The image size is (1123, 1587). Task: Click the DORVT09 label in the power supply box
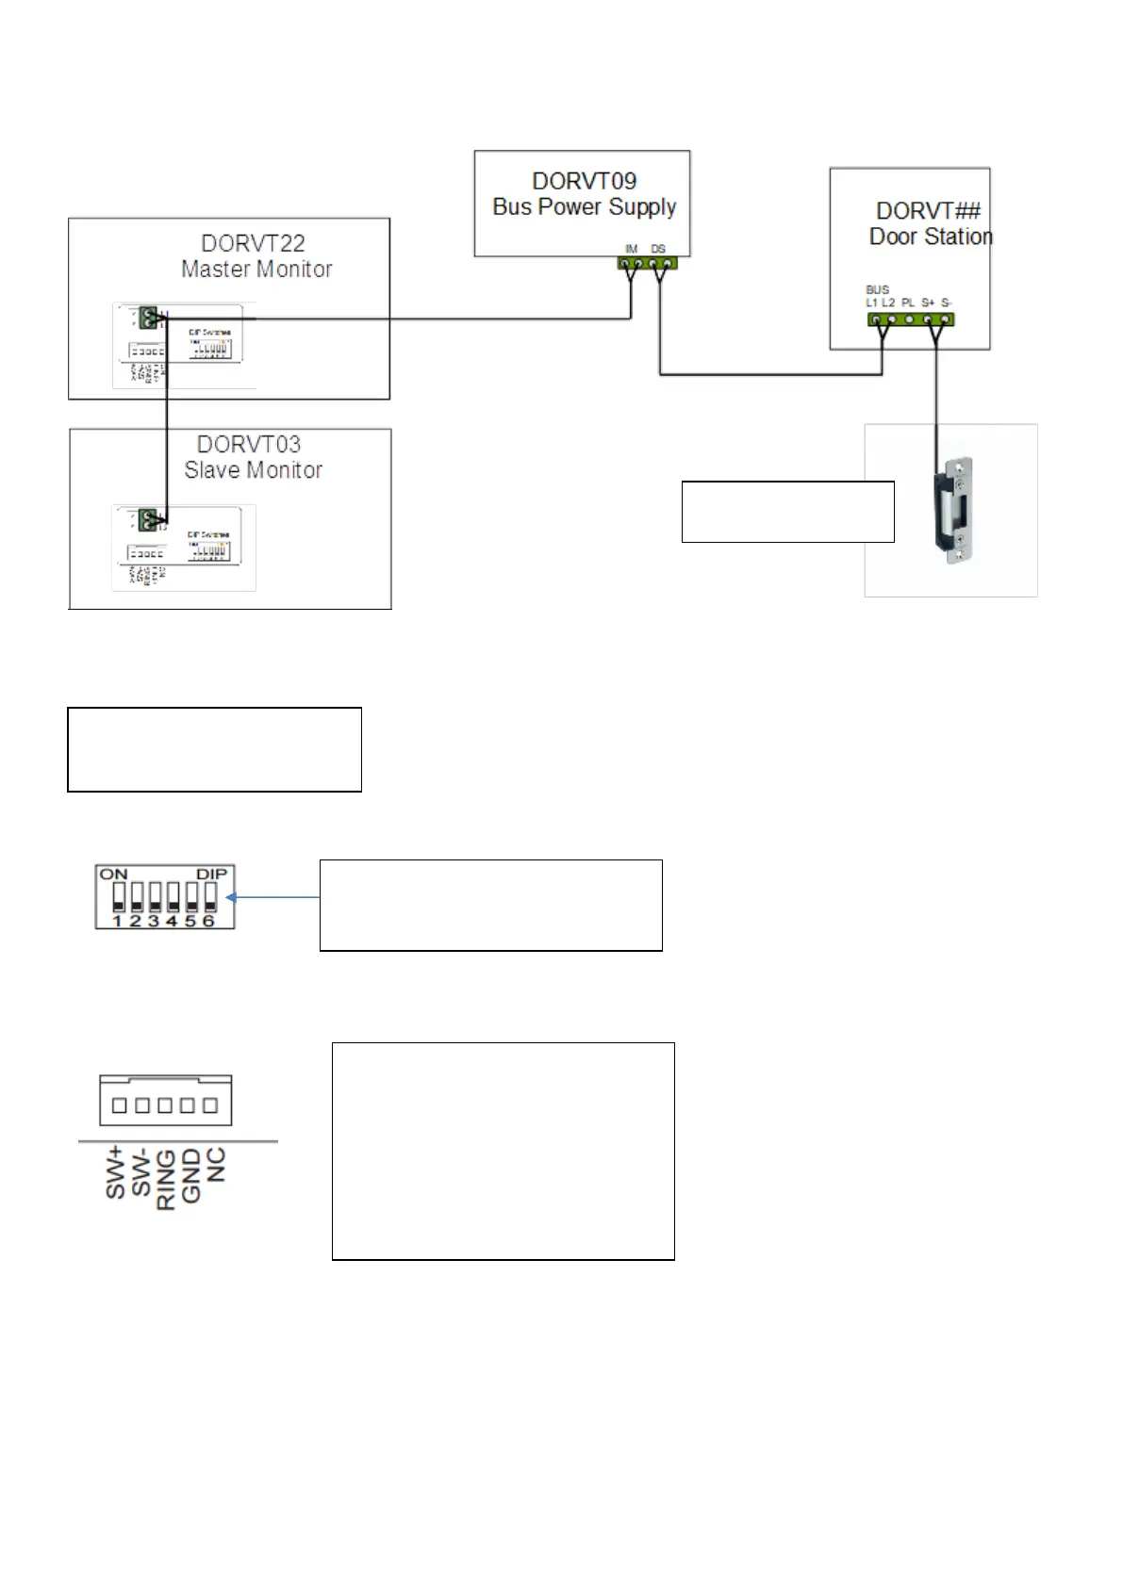click(x=584, y=181)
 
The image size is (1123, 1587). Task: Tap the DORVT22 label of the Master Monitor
click(x=253, y=243)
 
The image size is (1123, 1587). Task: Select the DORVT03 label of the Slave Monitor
click(x=248, y=444)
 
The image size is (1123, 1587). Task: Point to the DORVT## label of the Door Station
click(x=928, y=211)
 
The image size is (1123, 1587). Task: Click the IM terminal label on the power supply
click(x=632, y=249)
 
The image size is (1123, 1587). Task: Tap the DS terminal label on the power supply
click(x=658, y=249)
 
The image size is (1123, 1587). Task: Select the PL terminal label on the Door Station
click(x=908, y=303)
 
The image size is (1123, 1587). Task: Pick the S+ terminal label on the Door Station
click(x=928, y=303)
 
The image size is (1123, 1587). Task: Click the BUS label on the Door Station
click(x=877, y=290)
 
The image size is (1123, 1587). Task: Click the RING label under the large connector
click(x=166, y=1179)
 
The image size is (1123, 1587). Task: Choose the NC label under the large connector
click(x=216, y=1165)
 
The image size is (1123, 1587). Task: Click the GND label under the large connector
click(x=191, y=1175)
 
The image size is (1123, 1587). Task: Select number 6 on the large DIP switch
click(x=209, y=921)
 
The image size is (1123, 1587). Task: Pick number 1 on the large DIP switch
click(x=118, y=921)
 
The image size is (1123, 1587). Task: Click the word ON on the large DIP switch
click(x=113, y=875)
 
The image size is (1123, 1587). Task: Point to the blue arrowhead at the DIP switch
click(x=232, y=897)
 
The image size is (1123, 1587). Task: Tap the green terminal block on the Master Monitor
click(x=148, y=319)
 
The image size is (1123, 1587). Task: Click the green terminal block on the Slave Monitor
click(x=147, y=518)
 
